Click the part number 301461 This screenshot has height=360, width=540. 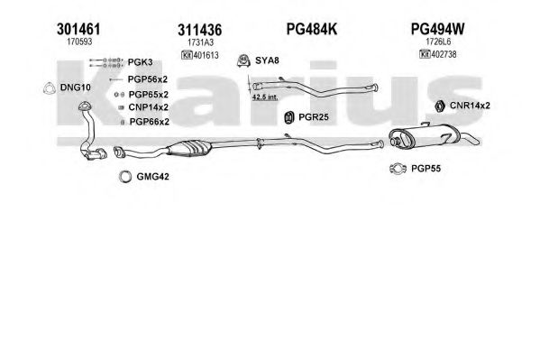pyautogui.click(x=78, y=29)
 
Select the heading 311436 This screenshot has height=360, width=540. pyautogui.click(x=200, y=31)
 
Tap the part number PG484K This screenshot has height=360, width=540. pyautogui.click(x=312, y=29)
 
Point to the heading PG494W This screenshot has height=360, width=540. pyautogui.click(x=438, y=29)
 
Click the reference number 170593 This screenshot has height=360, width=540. pyautogui.click(x=79, y=42)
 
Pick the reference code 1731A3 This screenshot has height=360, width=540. pyautogui.click(x=200, y=42)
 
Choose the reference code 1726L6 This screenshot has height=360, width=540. pyautogui.click(x=438, y=42)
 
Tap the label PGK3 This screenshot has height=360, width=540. pyautogui.click(x=140, y=62)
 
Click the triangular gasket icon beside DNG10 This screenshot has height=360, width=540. pyautogui.click(x=50, y=88)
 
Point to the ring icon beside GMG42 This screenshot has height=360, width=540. pyautogui.click(x=125, y=177)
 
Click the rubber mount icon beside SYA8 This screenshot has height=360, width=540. pyautogui.click(x=243, y=60)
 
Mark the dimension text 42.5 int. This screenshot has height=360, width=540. pyautogui.click(x=265, y=97)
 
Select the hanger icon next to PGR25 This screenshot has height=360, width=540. pyautogui.click(x=289, y=117)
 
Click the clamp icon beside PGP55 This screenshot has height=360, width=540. pyautogui.click(x=398, y=169)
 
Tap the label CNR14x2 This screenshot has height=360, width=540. pyautogui.click(x=470, y=106)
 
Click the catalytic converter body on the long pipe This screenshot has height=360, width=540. pyautogui.click(x=188, y=149)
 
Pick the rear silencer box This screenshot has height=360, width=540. pyautogui.click(x=425, y=135)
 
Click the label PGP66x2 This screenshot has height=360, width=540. pyautogui.click(x=150, y=122)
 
